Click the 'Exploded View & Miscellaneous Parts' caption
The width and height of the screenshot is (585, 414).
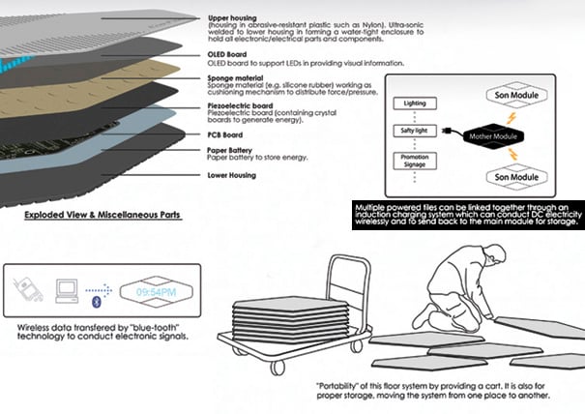106,214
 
